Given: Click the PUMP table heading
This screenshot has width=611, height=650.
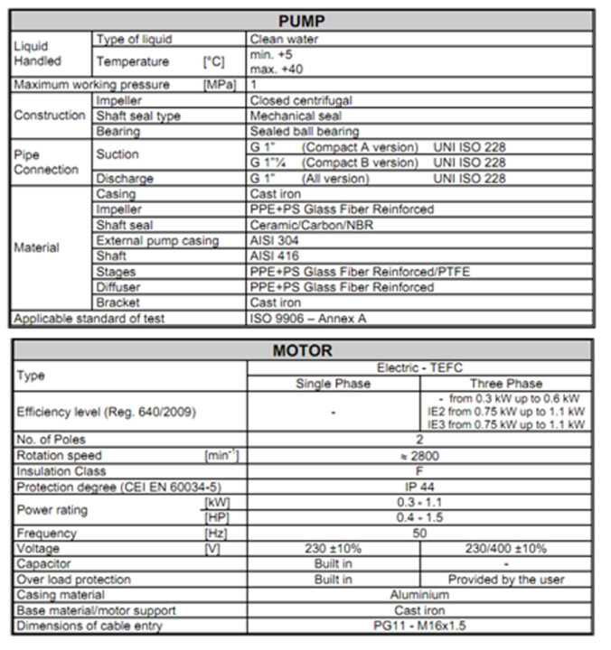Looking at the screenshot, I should click(x=303, y=20).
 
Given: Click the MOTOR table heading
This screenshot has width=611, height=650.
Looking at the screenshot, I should click(x=303, y=350).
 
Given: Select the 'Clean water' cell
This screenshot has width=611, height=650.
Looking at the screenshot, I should click(x=283, y=40).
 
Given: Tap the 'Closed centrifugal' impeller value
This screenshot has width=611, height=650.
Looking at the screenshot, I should click(x=301, y=100).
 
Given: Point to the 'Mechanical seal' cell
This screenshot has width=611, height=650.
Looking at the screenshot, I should click(x=295, y=116).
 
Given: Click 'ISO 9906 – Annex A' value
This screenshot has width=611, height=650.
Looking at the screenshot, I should click(x=313, y=318).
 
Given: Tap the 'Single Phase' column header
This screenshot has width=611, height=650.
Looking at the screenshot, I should click(x=333, y=383).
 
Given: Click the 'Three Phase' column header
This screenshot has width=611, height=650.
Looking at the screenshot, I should click(x=506, y=383).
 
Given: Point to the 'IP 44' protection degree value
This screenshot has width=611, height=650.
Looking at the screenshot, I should click(x=419, y=487).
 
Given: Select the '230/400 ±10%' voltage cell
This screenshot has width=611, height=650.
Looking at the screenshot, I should click(x=506, y=548).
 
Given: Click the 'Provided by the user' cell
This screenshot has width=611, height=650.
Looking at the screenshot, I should click(x=506, y=579).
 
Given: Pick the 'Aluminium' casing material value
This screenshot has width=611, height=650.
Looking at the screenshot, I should click(x=419, y=594).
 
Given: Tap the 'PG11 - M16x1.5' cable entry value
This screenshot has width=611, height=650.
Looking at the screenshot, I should click(x=419, y=626).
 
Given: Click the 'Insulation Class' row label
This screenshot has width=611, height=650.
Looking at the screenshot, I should click(x=61, y=471).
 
